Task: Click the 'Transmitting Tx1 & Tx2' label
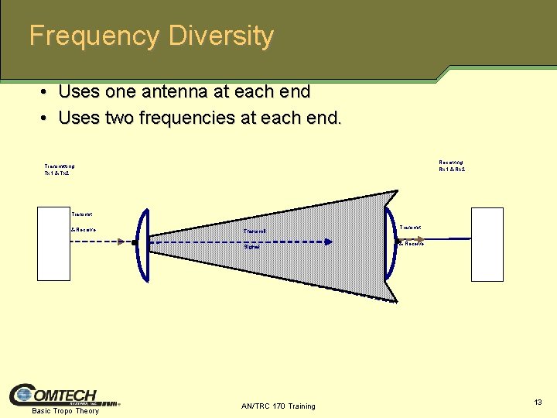point(60,170)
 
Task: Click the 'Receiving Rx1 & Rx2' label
point(452,166)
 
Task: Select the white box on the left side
point(53,244)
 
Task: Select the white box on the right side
point(487,244)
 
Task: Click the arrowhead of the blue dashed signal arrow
point(329,242)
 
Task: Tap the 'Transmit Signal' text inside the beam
point(254,238)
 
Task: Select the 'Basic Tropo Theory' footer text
point(66,410)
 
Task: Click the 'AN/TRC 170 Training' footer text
point(278,406)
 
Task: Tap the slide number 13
point(538,402)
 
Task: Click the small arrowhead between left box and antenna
point(121,242)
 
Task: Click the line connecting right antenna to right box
point(441,238)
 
